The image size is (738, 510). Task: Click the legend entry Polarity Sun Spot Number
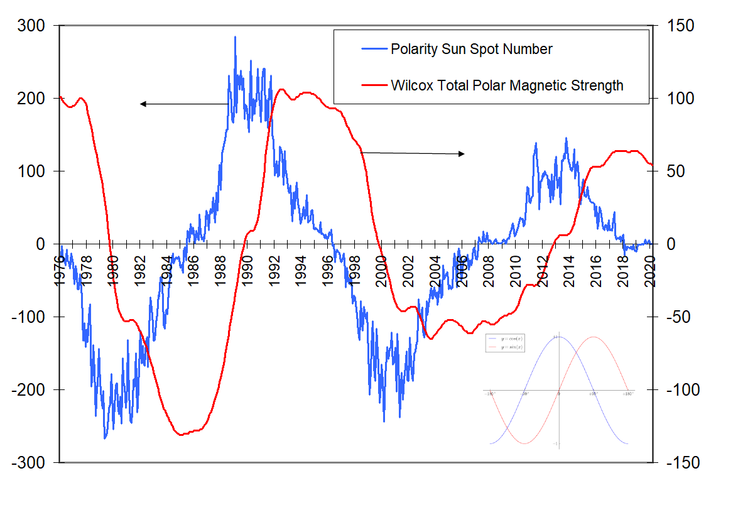tap(471, 49)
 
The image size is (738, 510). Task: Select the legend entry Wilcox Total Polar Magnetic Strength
tap(507, 85)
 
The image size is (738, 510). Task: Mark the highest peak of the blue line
tap(235, 38)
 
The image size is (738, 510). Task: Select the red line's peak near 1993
tap(281, 89)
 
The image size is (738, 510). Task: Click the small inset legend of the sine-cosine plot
tap(506, 343)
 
